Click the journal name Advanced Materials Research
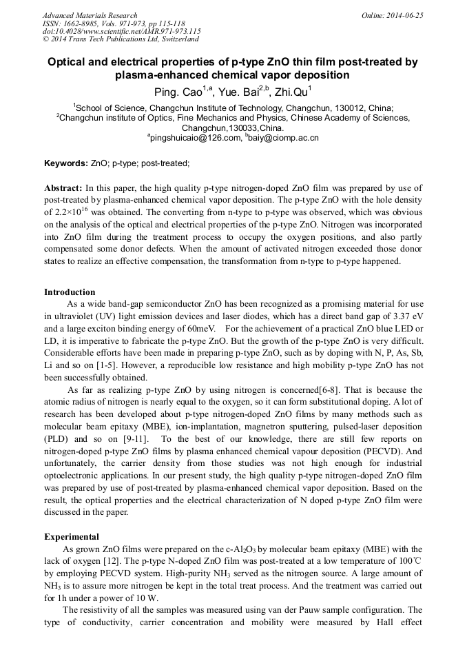pos(90,15)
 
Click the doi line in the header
pos(121,31)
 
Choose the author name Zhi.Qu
pos(291,91)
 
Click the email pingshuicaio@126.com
pos(194,138)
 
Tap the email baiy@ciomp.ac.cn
pos(284,138)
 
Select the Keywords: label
pos(65,163)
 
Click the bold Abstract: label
pos(63,188)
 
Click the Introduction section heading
pos(71,292)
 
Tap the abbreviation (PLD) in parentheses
pos(56,438)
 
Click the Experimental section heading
pos(72,536)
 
